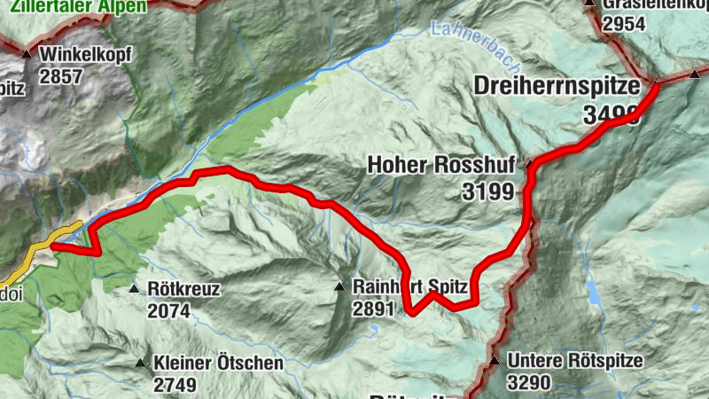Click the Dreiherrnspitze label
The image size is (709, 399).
pos(557,87)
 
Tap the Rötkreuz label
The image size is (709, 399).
pos(183,289)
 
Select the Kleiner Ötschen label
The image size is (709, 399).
pos(218,364)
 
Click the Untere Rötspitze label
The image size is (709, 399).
pos(574,362)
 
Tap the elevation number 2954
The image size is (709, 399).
pos(626,24)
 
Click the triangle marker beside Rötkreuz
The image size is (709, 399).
pos(134,289)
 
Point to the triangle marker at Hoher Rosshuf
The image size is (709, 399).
pos(529,164)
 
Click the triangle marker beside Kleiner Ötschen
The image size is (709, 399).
pos(139,364)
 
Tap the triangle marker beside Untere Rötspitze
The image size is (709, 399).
pos(494,362)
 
